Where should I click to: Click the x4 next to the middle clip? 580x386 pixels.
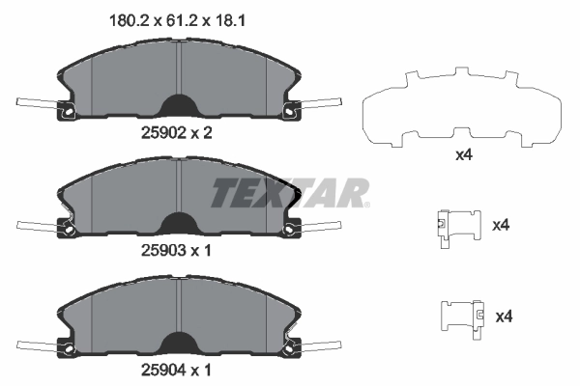[x=501, y=226]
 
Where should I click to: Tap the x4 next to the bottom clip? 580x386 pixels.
[x=504, y=317]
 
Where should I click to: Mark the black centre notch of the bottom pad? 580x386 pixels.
[x=179, y=344]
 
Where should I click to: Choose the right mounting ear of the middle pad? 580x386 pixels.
[x=290, y=229]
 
